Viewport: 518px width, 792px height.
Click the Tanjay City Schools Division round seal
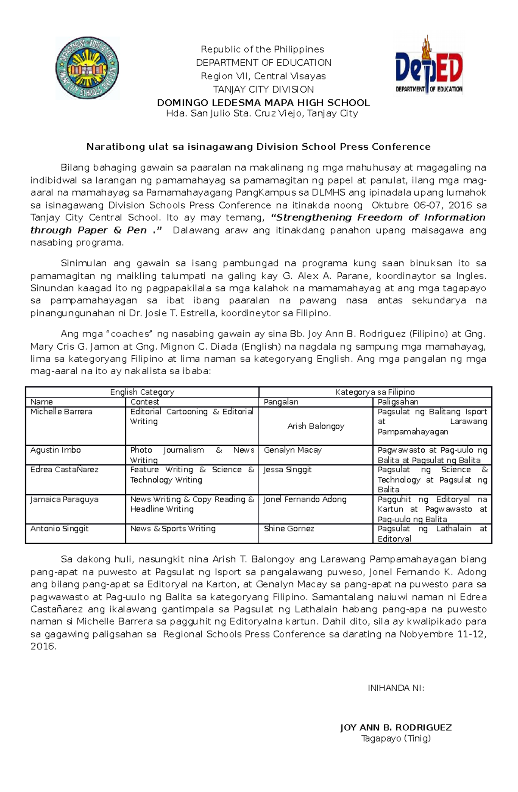click(87, 68)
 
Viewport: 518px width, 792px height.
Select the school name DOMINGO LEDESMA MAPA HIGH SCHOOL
click(263, 103)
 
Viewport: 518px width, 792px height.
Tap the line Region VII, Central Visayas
click(263, 76)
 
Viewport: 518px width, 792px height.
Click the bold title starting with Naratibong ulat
click(258, 147)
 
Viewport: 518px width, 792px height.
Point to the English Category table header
click(142, 392)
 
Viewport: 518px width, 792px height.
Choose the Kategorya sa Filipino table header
click(375, 392)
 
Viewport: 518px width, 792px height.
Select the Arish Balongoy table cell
click(316, 426)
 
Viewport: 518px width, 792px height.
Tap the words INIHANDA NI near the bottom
click(396, 688)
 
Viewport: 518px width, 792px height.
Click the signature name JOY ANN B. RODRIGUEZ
click(396, 728)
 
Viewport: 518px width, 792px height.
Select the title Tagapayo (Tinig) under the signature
click(396, 738)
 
